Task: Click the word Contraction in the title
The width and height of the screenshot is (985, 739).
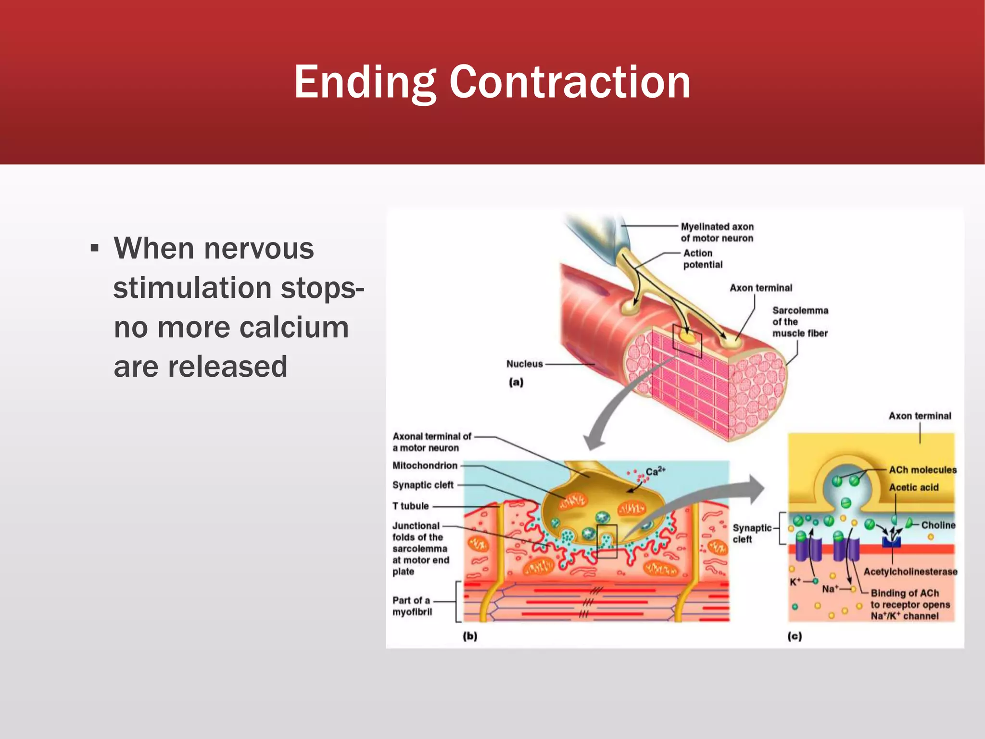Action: click(570, 82)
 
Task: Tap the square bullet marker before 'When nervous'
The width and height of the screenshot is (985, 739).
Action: click(95, 249)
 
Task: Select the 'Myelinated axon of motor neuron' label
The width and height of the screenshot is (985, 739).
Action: click(717, 232)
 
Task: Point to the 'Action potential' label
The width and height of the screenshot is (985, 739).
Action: click(703, 259)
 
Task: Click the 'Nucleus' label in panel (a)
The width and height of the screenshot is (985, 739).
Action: click(524, 364)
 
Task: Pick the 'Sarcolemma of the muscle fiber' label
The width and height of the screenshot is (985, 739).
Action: click(800, 322)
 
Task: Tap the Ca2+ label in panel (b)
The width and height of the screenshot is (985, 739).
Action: click(655, 471)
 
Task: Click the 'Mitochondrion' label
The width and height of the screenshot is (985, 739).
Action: click(425, 466)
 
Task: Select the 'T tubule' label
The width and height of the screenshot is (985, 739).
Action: click(410, 506)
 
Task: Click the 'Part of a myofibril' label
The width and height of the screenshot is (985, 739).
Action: click(412, 606)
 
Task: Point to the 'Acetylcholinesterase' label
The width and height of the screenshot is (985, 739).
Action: click(910, 572)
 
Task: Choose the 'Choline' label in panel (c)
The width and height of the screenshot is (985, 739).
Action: click(938, 525)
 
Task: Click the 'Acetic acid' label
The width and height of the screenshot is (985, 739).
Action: click(913, 487)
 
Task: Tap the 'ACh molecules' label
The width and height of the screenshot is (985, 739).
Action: click(922, 470)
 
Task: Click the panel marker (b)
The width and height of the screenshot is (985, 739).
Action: click(470, 637)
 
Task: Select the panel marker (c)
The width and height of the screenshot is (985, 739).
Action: click(795, 637)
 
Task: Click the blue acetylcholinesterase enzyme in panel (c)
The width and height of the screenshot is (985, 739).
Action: click(891, 542)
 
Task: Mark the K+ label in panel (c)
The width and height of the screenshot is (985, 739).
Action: click(795, 582)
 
